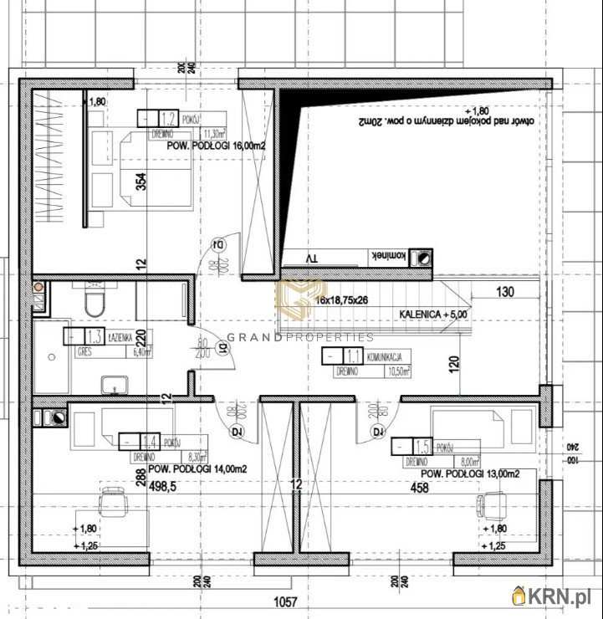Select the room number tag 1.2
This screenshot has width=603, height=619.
click(x=168, y=118)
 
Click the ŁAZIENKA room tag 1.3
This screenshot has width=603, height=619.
click(x=95, y=336)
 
